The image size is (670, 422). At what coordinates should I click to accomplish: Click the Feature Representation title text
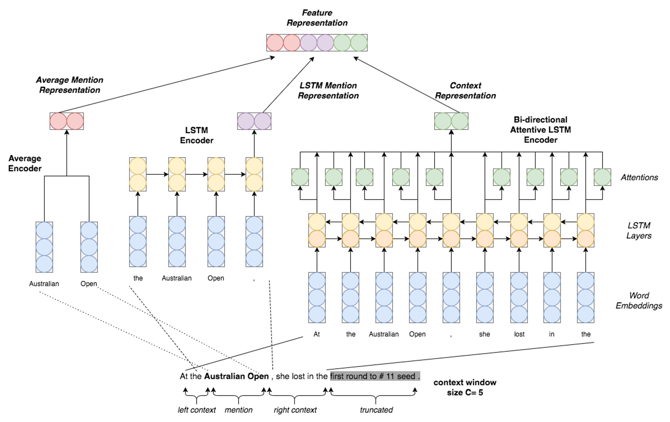[317, 18]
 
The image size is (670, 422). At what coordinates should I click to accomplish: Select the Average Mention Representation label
[70, 85]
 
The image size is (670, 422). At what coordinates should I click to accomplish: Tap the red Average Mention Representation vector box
[67, 121]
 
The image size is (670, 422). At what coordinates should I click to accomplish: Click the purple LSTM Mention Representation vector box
[254, 121]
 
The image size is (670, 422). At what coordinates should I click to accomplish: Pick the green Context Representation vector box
[451, 121]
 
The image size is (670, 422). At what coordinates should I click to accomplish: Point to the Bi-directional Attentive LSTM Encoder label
[540, 130]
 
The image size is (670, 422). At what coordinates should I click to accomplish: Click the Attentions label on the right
[639, 177]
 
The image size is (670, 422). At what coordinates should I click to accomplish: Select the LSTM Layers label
[639, 230]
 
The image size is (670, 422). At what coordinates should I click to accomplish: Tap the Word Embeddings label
[639, 300]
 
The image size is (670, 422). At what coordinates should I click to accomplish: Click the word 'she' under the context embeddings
[484, 334]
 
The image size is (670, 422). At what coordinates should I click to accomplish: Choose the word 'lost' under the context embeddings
[519, 334]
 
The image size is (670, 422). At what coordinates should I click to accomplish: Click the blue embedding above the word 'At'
[317, 298]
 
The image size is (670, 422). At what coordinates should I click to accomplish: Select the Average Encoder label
[25, 163]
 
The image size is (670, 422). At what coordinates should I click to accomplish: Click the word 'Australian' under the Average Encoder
[44, 284]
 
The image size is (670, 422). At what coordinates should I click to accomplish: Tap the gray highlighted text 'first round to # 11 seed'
[375, 376]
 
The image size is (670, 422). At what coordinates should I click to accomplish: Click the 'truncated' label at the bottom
[376, 410]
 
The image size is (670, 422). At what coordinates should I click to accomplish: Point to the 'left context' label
[197, 410]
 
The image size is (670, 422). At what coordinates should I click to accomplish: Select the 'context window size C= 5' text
[465, 387]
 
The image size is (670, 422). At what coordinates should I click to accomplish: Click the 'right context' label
[295, 410]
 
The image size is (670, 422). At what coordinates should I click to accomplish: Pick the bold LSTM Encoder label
[197, 135]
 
